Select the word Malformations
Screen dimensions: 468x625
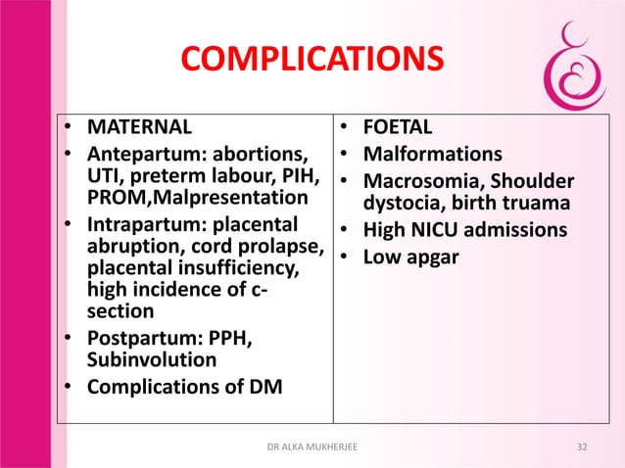coord(433,155)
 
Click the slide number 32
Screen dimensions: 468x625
coord(583,446)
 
